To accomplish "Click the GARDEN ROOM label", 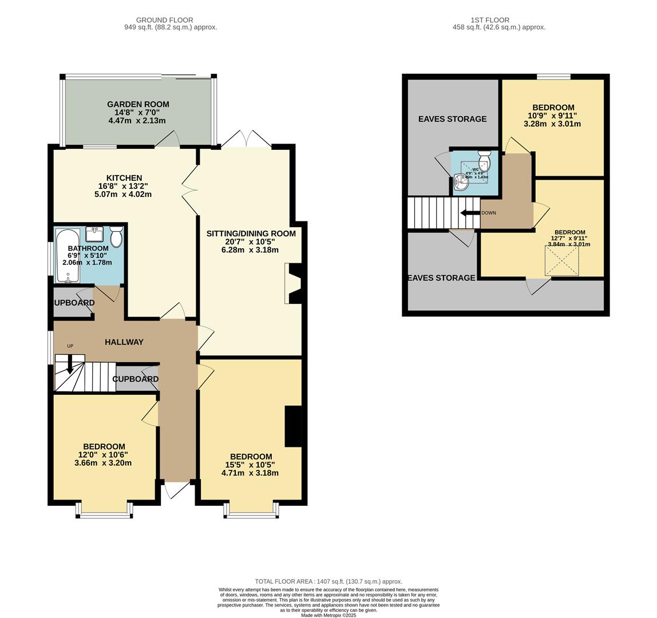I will pyautogui.click(x=138, y=104).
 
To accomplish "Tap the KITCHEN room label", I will pyautogui.click(x=124, y=178).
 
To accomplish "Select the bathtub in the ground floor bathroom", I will pyautogui.click(x=68, y=256).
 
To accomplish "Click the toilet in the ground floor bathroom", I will pyautogui.click(x=116, y=236).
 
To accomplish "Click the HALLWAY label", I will pyautogui.click(x=124, y=342).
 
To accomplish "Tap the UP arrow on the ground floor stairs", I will pyautogui.click(x=70, y=365).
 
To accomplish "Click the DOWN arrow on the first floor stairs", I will pyautogui.click(x=470, y=213).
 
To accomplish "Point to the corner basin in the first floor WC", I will pyautogui.click(x=459, y=181).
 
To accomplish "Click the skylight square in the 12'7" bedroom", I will pyautogui.click(x=561, y=261).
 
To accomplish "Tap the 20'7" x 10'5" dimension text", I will pyautogui.click(x=251, y=242).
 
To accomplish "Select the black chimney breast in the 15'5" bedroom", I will pyautogui.click(x=293, y=425).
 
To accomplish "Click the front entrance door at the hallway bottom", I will pyautogui.click(x=177, y=490).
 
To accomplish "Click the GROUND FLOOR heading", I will pyautogui.click(x=164, y=20).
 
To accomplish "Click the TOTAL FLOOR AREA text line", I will pyautogui.click(x=328, y=581).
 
